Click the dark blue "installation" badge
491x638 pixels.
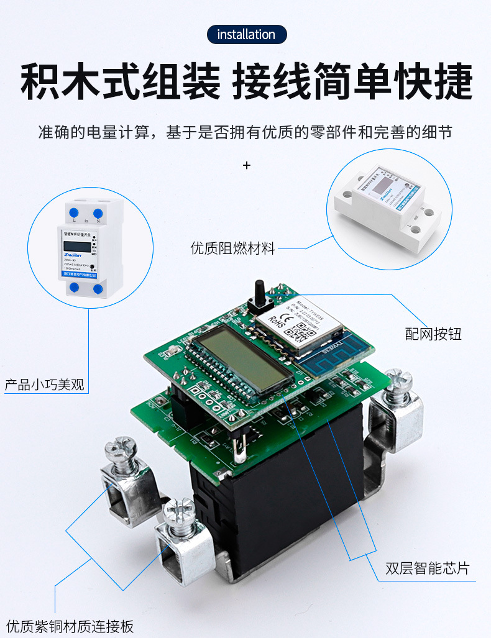point(246,34)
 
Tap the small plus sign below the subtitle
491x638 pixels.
point(247,165)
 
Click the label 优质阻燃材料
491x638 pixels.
point(232,248)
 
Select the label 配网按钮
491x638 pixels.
point(433,334)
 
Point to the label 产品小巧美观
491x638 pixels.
point(44,384)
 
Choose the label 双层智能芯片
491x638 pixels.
point(427,568)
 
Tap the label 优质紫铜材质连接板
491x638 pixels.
point(70,626)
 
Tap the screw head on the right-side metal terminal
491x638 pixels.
point(398,380)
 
